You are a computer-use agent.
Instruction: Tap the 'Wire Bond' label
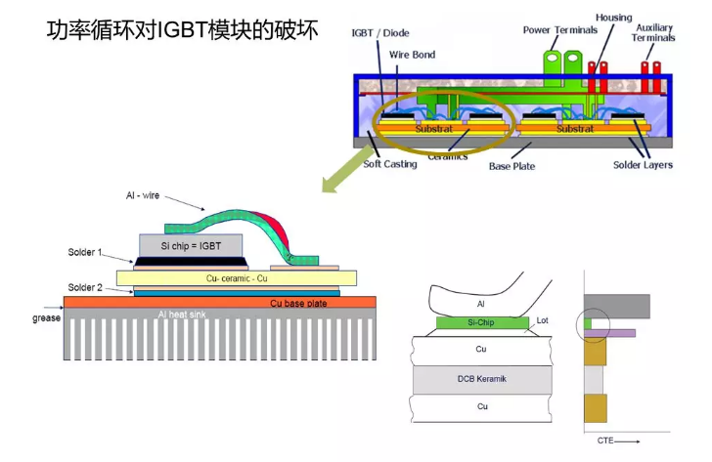[x=412, y=56]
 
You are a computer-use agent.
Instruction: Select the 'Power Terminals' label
[x=559, y=30]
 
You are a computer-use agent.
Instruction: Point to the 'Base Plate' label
[x=512, y=166]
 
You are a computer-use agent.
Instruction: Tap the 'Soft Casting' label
[x=390, y=164]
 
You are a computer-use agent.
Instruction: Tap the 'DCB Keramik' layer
[x=480, y=378]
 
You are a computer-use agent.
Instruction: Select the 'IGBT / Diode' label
[x=380, y=33]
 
